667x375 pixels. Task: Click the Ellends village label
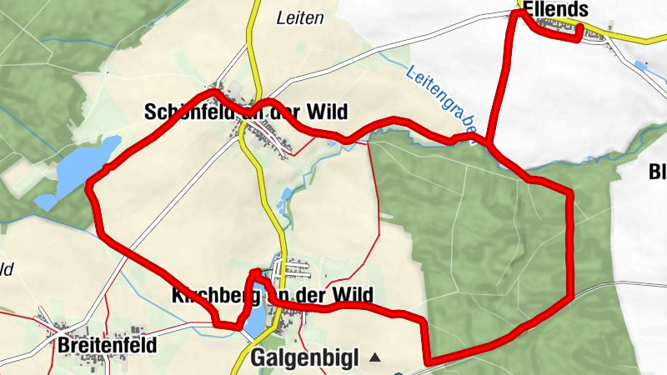(x=555, y=9)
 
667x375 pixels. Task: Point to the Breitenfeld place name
(x=108, y=343)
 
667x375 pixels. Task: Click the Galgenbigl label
(x=304, y=359)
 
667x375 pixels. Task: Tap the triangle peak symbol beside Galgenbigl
(x=375, y=358)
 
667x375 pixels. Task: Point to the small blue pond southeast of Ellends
(x=641, y=64)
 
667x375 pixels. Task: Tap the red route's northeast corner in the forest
(x=570, y=193)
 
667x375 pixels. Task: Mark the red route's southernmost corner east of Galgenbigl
(x=428, y=362)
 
